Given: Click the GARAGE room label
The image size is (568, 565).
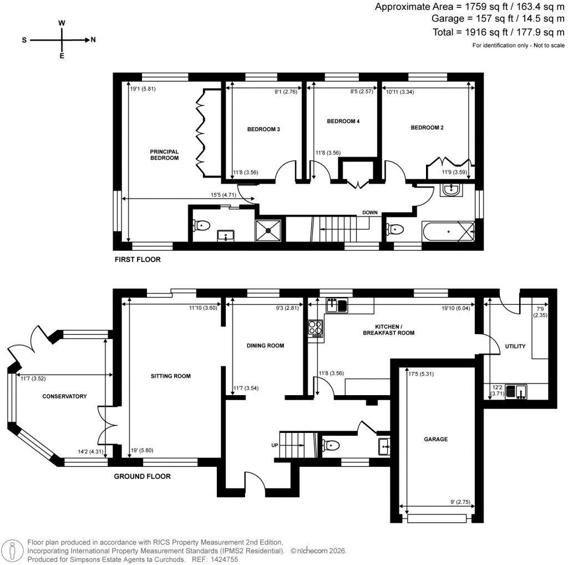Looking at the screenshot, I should [x=436, y=439].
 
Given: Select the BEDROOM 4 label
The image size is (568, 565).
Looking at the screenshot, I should [x=343, y=121].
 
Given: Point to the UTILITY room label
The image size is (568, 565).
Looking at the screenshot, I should [x=515, y=346].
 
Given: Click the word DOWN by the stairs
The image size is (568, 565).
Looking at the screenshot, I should [x=370, y=213].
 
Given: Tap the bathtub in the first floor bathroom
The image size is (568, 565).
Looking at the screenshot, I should [x=448, y=230].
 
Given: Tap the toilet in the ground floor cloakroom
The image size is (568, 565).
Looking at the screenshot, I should [x=331, y=445].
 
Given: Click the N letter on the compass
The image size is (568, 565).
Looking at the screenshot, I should [x=93, y=40].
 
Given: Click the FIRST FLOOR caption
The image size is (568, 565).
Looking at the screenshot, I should [x=138, y=259].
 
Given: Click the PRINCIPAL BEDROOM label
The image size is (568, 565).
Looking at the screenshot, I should [x=164, y=154].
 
